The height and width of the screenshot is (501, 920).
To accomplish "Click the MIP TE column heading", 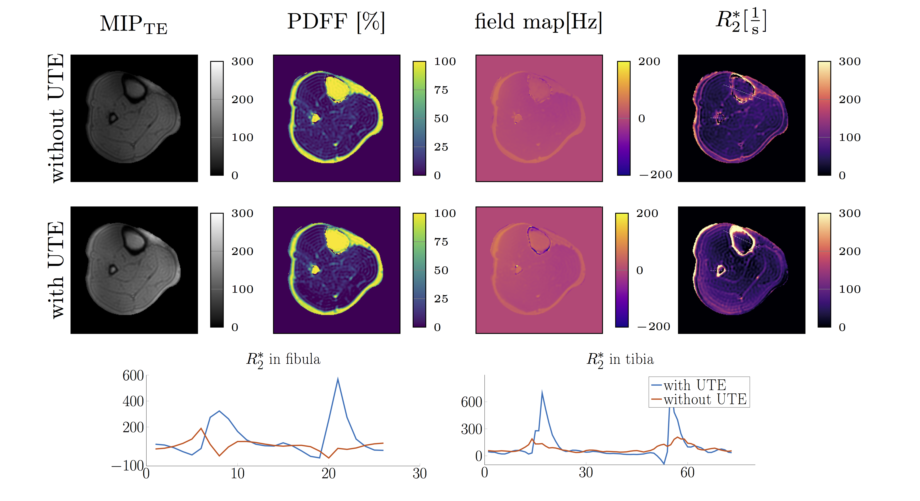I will pos(133,24).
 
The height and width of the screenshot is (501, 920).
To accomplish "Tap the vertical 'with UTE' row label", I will pos(56,270).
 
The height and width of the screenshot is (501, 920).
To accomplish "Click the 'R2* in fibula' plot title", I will pos(283,359).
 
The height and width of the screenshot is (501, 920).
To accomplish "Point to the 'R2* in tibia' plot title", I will pos(620,359).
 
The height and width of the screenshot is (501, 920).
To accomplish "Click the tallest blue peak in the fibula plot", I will pos(338,379).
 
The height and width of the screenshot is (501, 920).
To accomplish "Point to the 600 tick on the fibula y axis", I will pos(133,376).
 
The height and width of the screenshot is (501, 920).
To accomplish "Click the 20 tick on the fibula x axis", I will pos(329,474).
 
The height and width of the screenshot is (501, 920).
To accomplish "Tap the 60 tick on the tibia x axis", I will pos(687,473).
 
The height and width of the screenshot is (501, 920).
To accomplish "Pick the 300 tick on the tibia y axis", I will pos(471,429).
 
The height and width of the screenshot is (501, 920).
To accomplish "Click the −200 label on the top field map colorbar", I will pos(656,175).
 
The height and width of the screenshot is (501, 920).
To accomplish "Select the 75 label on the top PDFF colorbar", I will pos(441,90).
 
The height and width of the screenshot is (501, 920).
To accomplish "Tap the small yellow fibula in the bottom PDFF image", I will pos(315,269).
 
